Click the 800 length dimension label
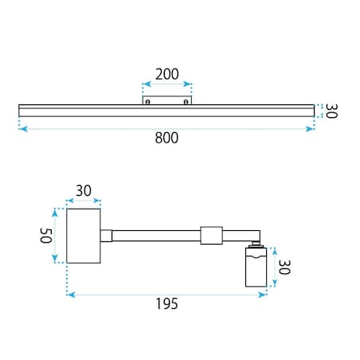(166, 138)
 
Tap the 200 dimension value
(167, 74)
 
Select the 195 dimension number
(166, 303)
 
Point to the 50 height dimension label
(45, 236)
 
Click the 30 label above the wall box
(84, 190)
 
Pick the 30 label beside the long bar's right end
(331, 111)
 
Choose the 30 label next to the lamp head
(284, 267)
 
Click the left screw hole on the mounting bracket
(148, 102)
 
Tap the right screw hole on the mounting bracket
(186, 102)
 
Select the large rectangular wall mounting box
(84, 236)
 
